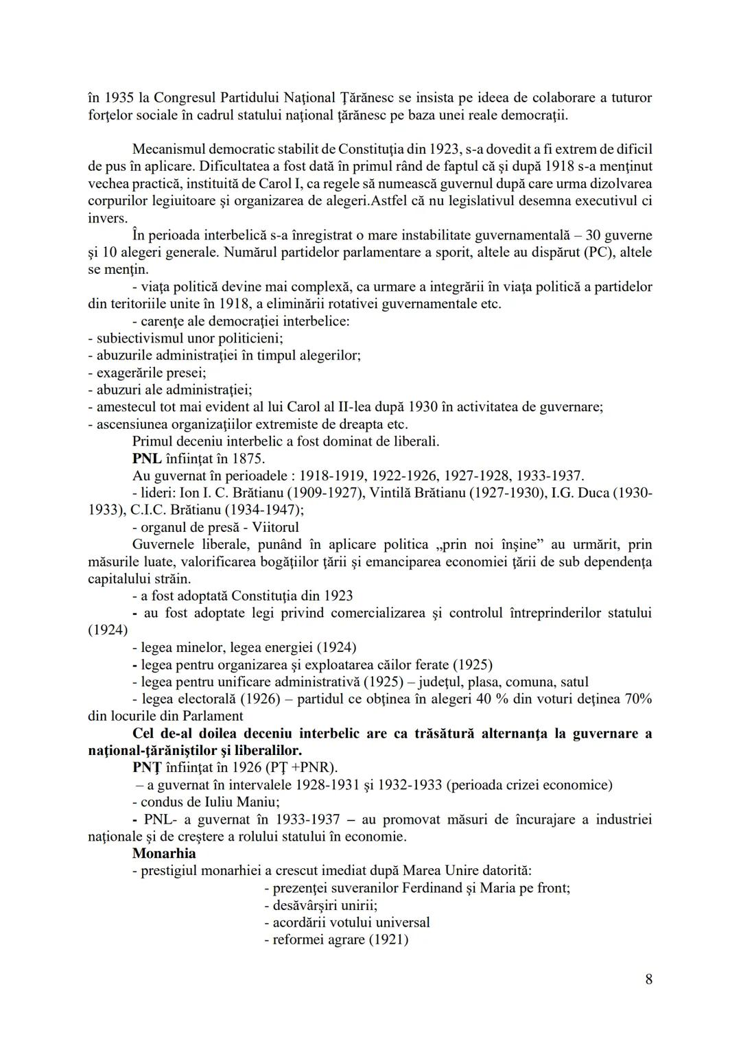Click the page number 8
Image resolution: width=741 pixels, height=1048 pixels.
[x=648, y=979]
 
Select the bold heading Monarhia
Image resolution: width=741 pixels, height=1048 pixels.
[x=164, y=854]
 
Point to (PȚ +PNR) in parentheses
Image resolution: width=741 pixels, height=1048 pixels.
[x=301, y=767]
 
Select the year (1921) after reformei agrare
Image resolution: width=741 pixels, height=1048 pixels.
[x=388, y=940]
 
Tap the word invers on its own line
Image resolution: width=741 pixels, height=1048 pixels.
[x=106, y=218]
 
